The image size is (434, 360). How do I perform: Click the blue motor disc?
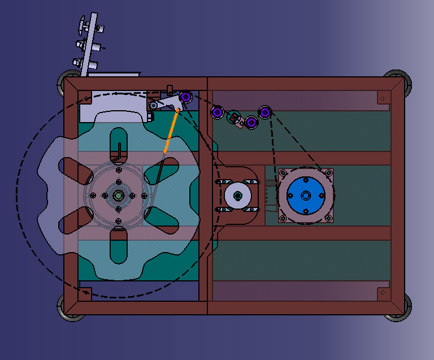[x=306, y=196]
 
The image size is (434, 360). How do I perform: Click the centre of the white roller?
[x=238, y=196]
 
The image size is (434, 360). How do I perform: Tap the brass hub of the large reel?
[x=118, y=196]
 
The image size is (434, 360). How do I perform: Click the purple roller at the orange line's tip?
[x=185, y=97]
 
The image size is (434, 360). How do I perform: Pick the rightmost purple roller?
[x=264, y=112]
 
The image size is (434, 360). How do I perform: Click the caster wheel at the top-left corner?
[x=67, y=84]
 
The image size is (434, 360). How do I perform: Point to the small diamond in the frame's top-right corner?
[x=383, y=99]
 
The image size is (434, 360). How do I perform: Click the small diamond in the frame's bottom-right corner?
[x=383, y=292]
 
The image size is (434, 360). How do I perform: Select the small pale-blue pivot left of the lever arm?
[x=153, y=105]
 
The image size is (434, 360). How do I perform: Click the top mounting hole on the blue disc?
[x=306, y=179]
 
